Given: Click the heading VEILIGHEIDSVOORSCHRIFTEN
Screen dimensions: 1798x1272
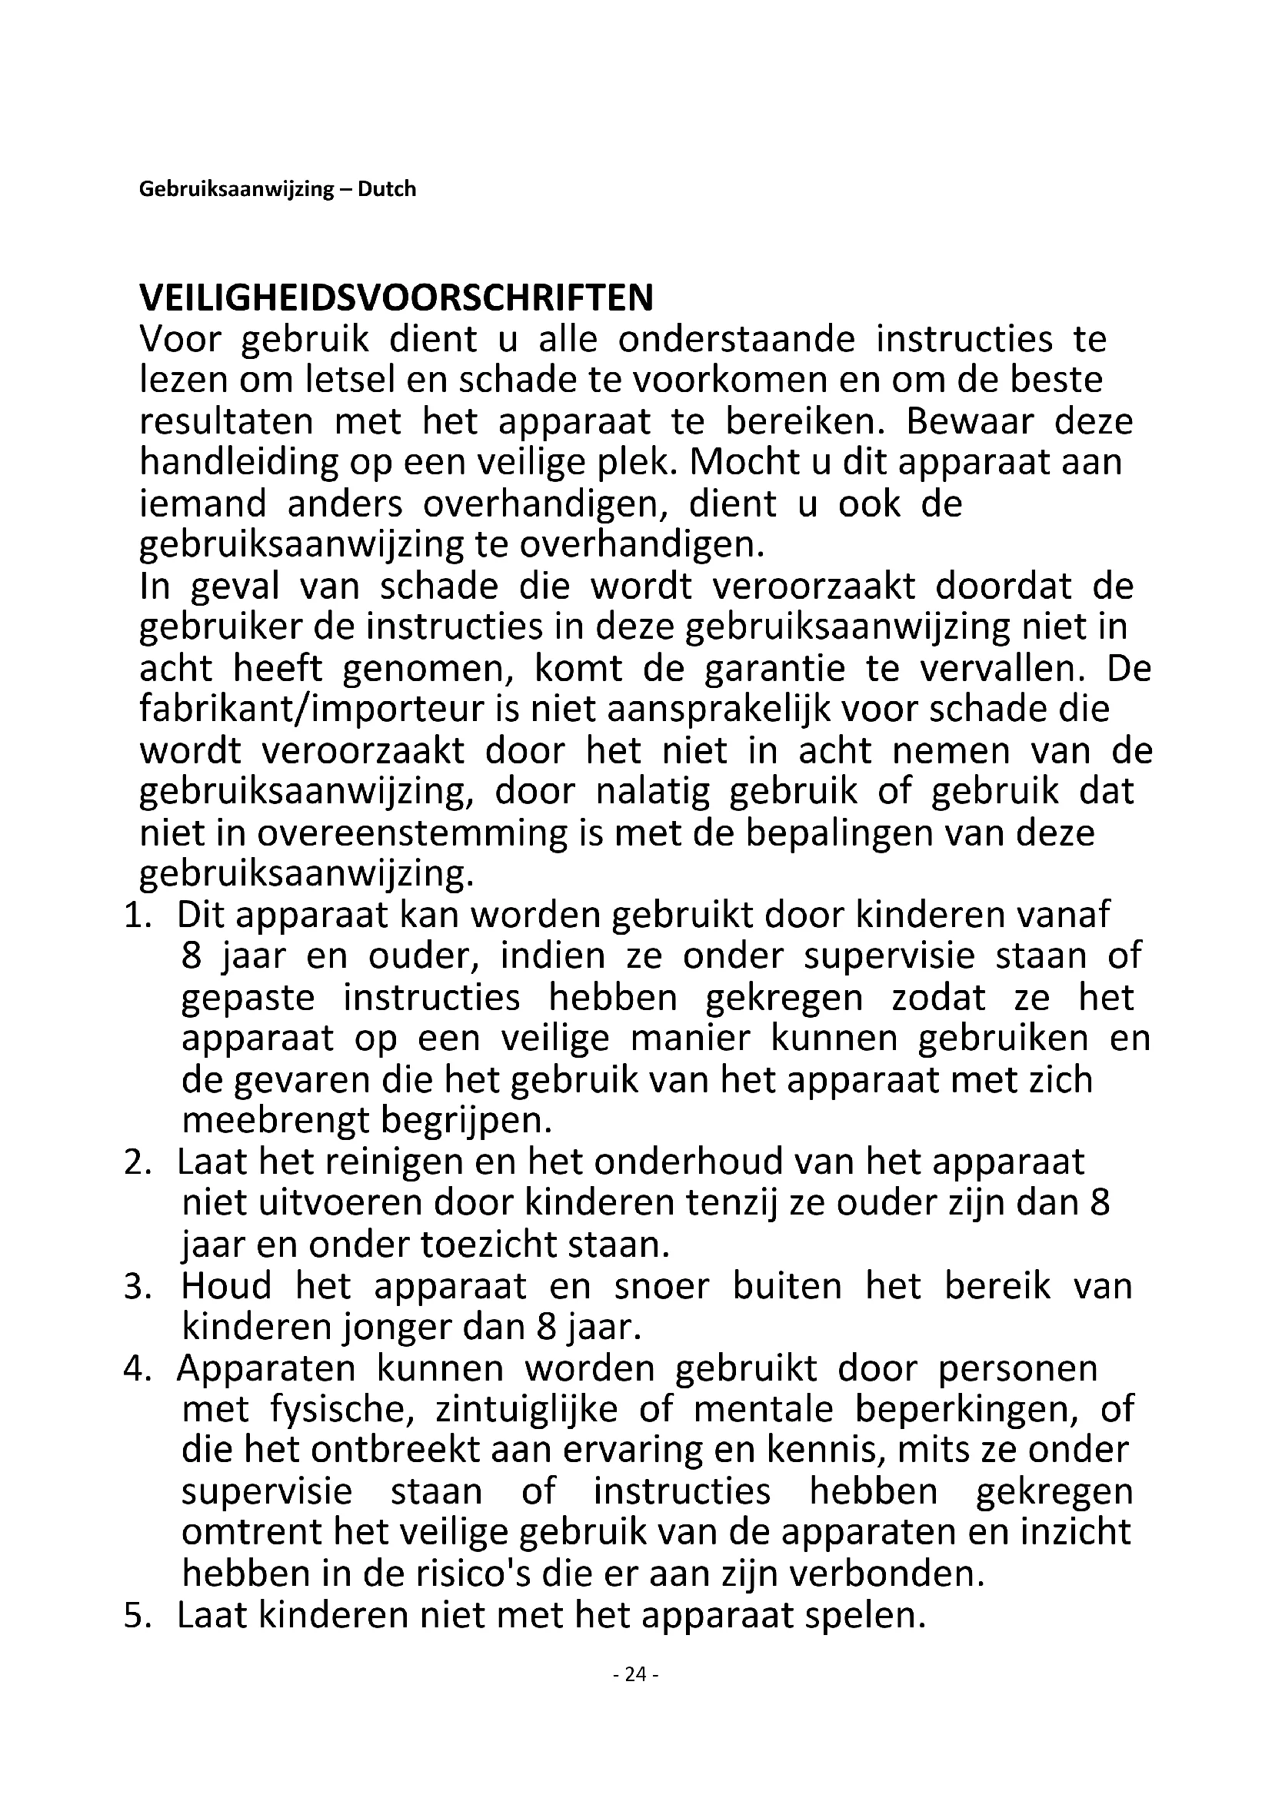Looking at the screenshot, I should pos(396,298).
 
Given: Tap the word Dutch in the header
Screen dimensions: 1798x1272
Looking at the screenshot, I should pos(387,189).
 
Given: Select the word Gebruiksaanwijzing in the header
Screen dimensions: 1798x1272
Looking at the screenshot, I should pos(237,190).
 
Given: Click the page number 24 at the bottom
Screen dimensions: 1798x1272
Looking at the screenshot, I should pos(636,1674).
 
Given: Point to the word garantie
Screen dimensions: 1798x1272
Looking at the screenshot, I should pos(774,669).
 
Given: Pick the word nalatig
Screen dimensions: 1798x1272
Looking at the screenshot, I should pos(652,792).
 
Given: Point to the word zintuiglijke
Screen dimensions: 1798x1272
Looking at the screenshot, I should pos(526,1410).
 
